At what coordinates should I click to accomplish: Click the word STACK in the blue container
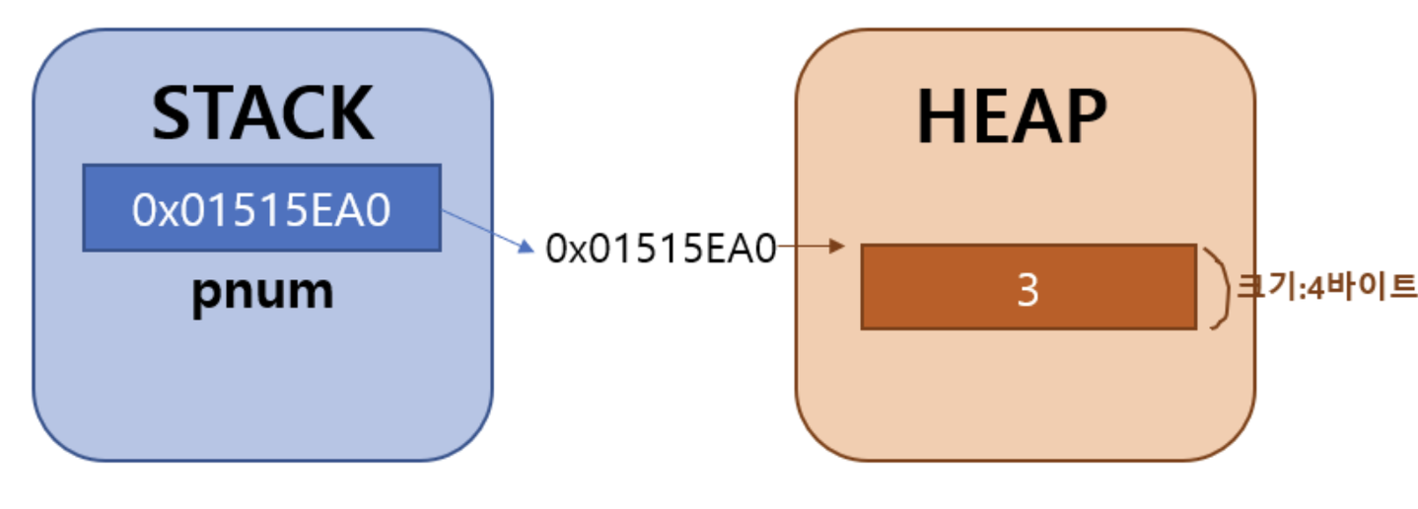coord(262,113)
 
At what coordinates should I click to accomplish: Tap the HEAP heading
coord(1012,117)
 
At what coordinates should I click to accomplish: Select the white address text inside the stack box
coord(261,209)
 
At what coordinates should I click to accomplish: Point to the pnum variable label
coord(262,293)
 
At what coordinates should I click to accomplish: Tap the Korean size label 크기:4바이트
coord(1326,289)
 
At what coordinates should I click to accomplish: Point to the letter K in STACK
coord(349,113)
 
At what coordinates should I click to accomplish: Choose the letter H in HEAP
coord(943,117)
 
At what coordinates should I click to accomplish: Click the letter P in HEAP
coord(1083,117)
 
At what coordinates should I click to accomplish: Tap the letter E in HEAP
coord(989,117)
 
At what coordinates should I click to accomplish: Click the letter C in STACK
coord(304,113)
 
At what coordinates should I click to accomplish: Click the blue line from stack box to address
coord(481,227)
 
